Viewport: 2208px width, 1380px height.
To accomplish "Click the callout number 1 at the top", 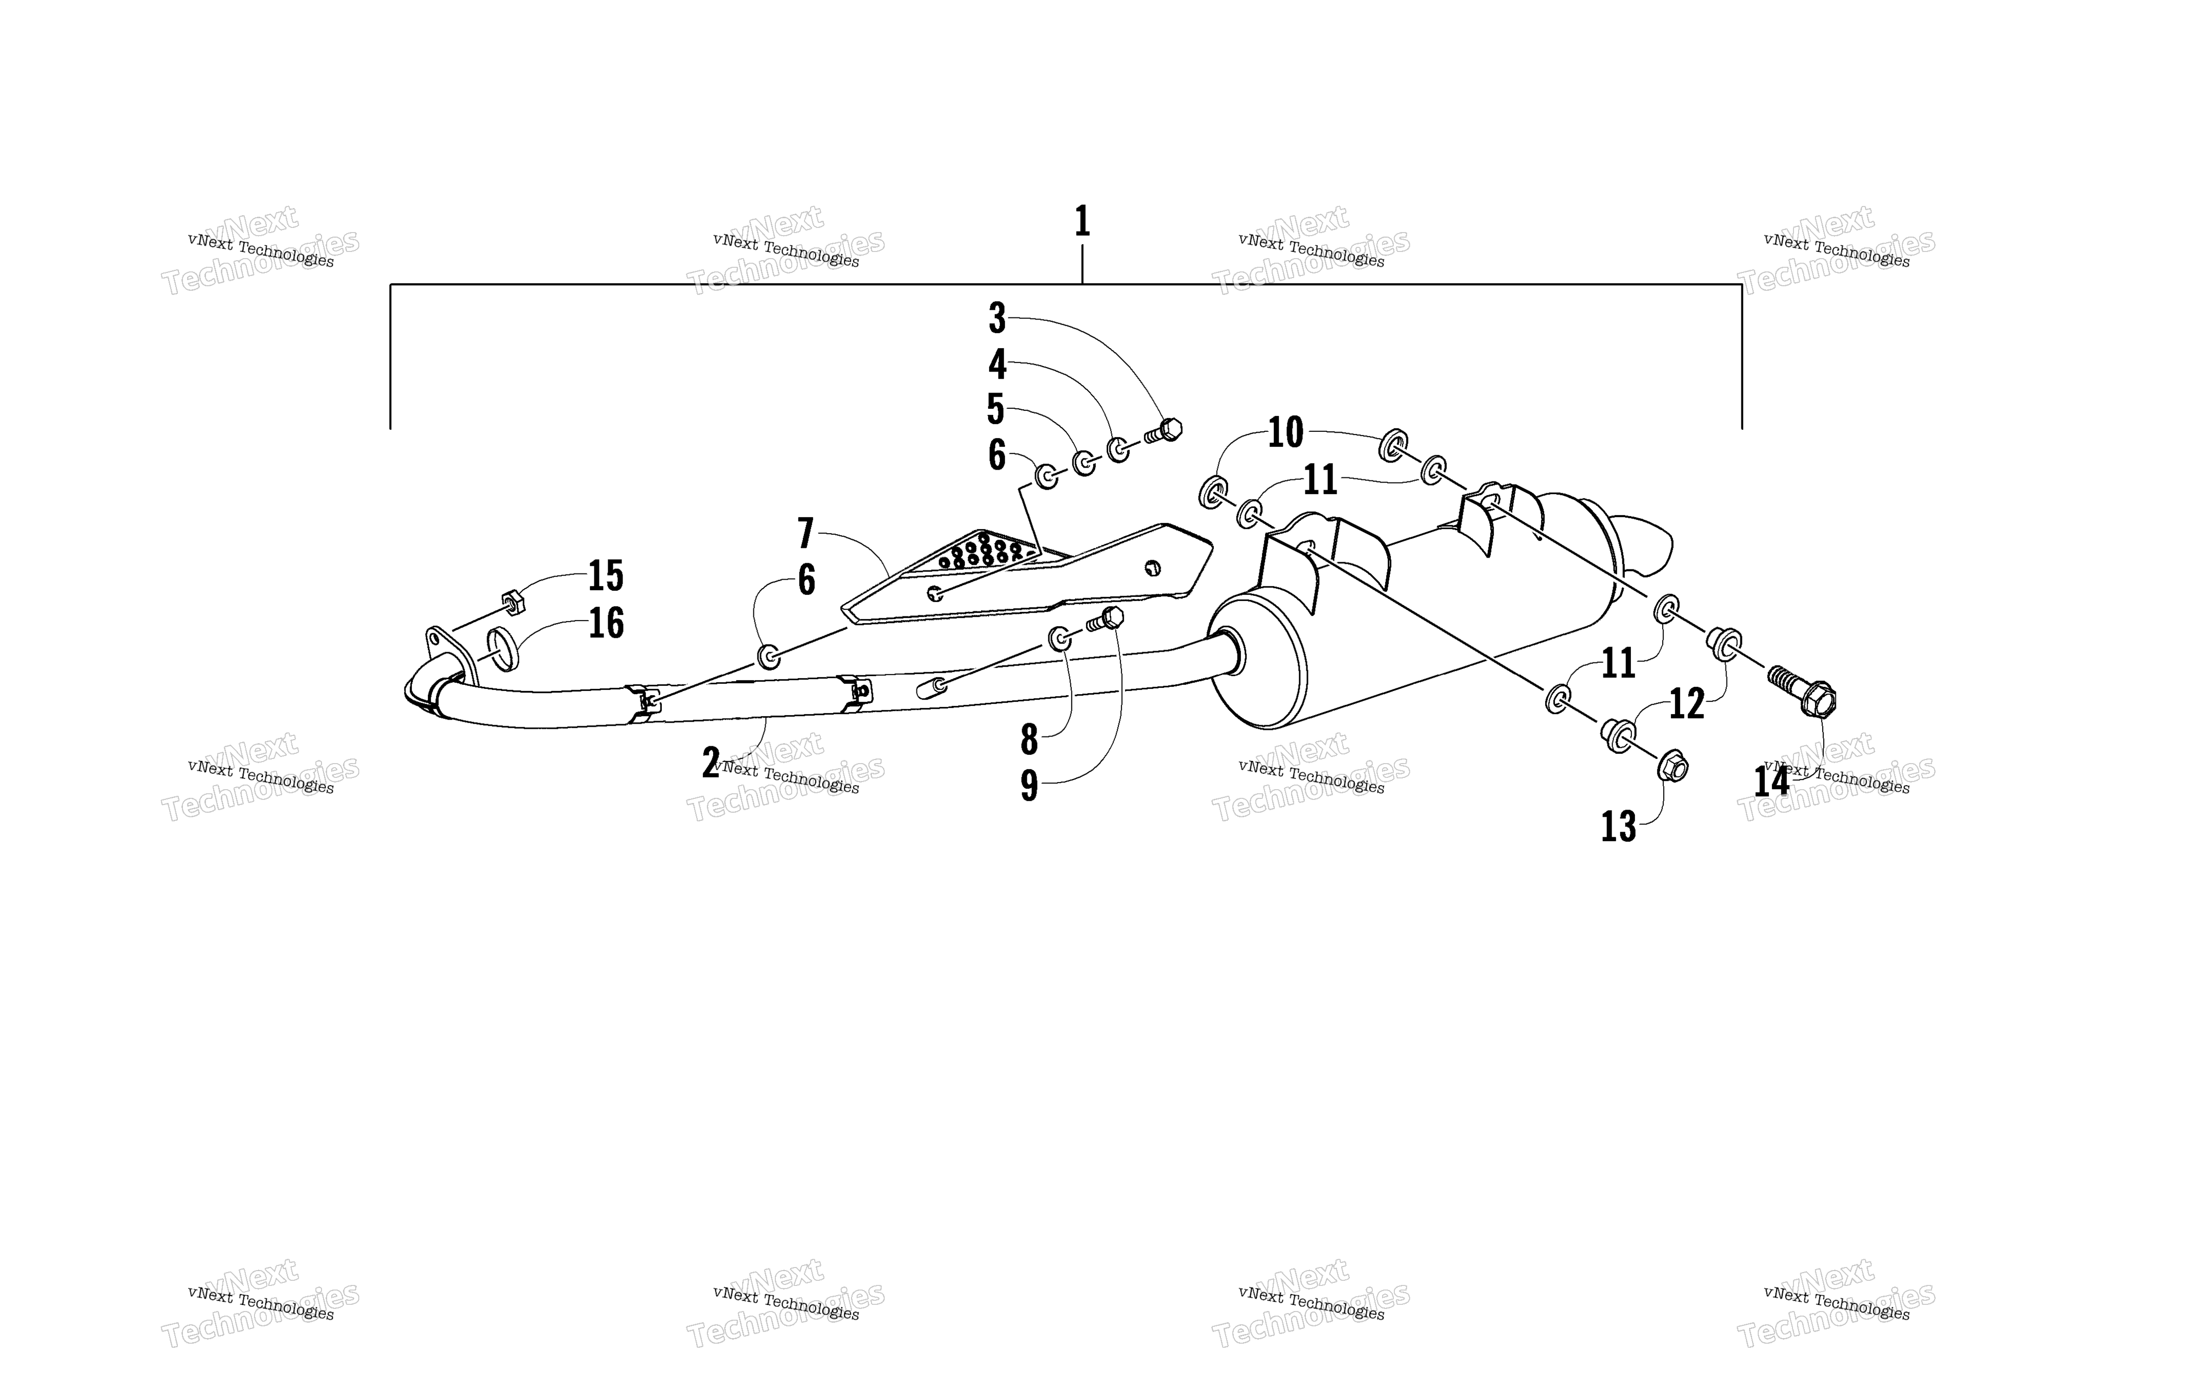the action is [x=1082, y=222].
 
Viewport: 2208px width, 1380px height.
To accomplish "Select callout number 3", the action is [x=997, y=318].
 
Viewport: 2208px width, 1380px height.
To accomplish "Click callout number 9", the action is [x=1029, y=786].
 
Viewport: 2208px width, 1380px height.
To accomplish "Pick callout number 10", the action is [x=1285, y=432].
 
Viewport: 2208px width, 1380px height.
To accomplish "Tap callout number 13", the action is [x=1619, y=827].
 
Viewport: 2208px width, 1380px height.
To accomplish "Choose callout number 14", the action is [x=1771, y=781].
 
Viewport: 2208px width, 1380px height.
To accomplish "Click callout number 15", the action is [x=606, y=576].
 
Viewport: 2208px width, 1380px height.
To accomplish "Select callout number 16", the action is [x=606, y=624].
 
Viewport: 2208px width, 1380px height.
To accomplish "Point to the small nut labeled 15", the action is [x=512, y=603].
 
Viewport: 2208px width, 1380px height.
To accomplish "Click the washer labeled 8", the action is [x=1060, y=639].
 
